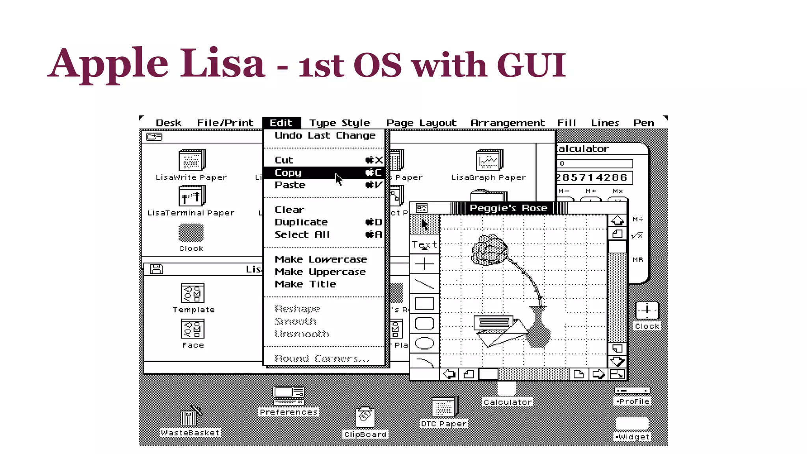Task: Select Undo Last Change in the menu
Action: pos(325,136)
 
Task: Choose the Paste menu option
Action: pos(290,185)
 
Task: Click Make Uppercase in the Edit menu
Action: pos(320,272)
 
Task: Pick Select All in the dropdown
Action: pos(302,235)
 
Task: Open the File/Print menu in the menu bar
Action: pos(225,123)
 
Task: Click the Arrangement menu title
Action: pos(507,123)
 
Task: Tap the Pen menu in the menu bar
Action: pos(643,123)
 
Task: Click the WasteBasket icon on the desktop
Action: pos(190,417)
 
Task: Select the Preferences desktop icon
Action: pos(289,396)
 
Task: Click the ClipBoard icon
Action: pos(365,418)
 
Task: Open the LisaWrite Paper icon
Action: pos(192,160)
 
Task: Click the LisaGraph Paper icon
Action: pos(489,160)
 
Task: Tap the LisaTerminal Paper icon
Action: pos(192,196)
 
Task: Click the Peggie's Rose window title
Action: pos(508,208)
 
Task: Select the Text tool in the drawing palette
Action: pos(424,245)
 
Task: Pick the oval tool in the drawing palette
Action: pos(424,343)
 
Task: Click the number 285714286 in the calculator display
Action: pos(592,178)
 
